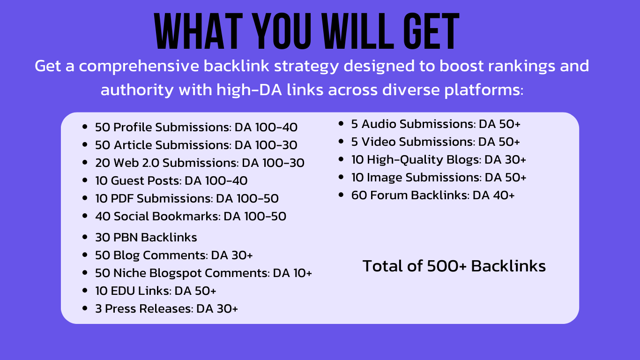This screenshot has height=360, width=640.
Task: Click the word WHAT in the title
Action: pyautogui.click(x=199, y=31)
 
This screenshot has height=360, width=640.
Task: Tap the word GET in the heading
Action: pyautogui.click(x=431, y=31)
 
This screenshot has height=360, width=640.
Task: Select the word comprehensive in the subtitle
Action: pyautogui.click(x=139, y=67)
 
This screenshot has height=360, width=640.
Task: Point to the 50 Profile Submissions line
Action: pyautogui.click(x=196, y=127)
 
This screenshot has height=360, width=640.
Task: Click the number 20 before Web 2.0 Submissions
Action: pyautogui.click(x=103, y=163)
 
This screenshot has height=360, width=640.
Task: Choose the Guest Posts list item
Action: pyautogui.click(x=171, y=181)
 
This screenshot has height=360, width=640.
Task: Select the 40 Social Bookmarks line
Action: pyautogui.click(x=191, y=217)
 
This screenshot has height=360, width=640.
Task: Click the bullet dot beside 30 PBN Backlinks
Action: pyautogui.click(x=85, y=237)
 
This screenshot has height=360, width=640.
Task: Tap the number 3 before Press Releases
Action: pyautogui.click(x=98, y=309)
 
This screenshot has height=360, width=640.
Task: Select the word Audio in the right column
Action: pyautogui.click(x=379, y=124)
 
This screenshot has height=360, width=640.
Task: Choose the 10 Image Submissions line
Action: pyautogui.click(x=439, y=178)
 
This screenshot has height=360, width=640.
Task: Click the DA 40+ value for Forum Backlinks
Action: pyautogui.click(x=493, y=195)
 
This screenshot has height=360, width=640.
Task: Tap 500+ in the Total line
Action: pyautogui.click(x=447, y=266)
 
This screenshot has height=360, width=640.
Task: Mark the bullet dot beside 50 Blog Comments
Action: pyautogui.click(x=85, y=255)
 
